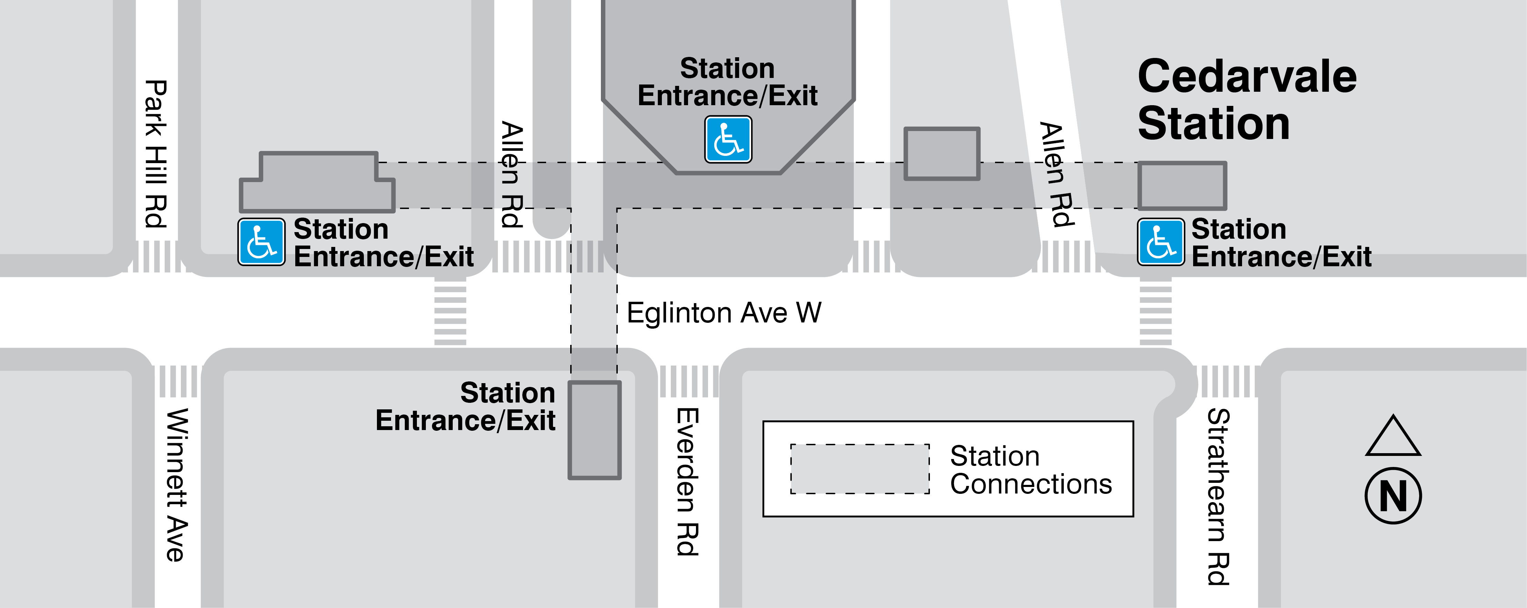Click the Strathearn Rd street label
pyautogui.click(x=1219, y=497)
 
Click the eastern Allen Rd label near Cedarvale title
pyautogui.click(x=1057, y=175)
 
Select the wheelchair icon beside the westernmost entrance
pyautogui.click(x=262, y=242)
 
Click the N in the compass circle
pyautogui.click(x=1393, y=496)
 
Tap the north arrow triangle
pyautogui.click(x=1393, y=438)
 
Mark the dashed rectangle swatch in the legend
pyautogui.click(x=860, y=469)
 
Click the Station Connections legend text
pyautogui.click(x=1030, y=470)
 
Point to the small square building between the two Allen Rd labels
pyautogui.click(x=941, y=153)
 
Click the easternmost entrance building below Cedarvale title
pyautogui.click(x=1181, y=186)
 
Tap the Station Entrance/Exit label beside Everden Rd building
pyautogui.click(x=466, y=407)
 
